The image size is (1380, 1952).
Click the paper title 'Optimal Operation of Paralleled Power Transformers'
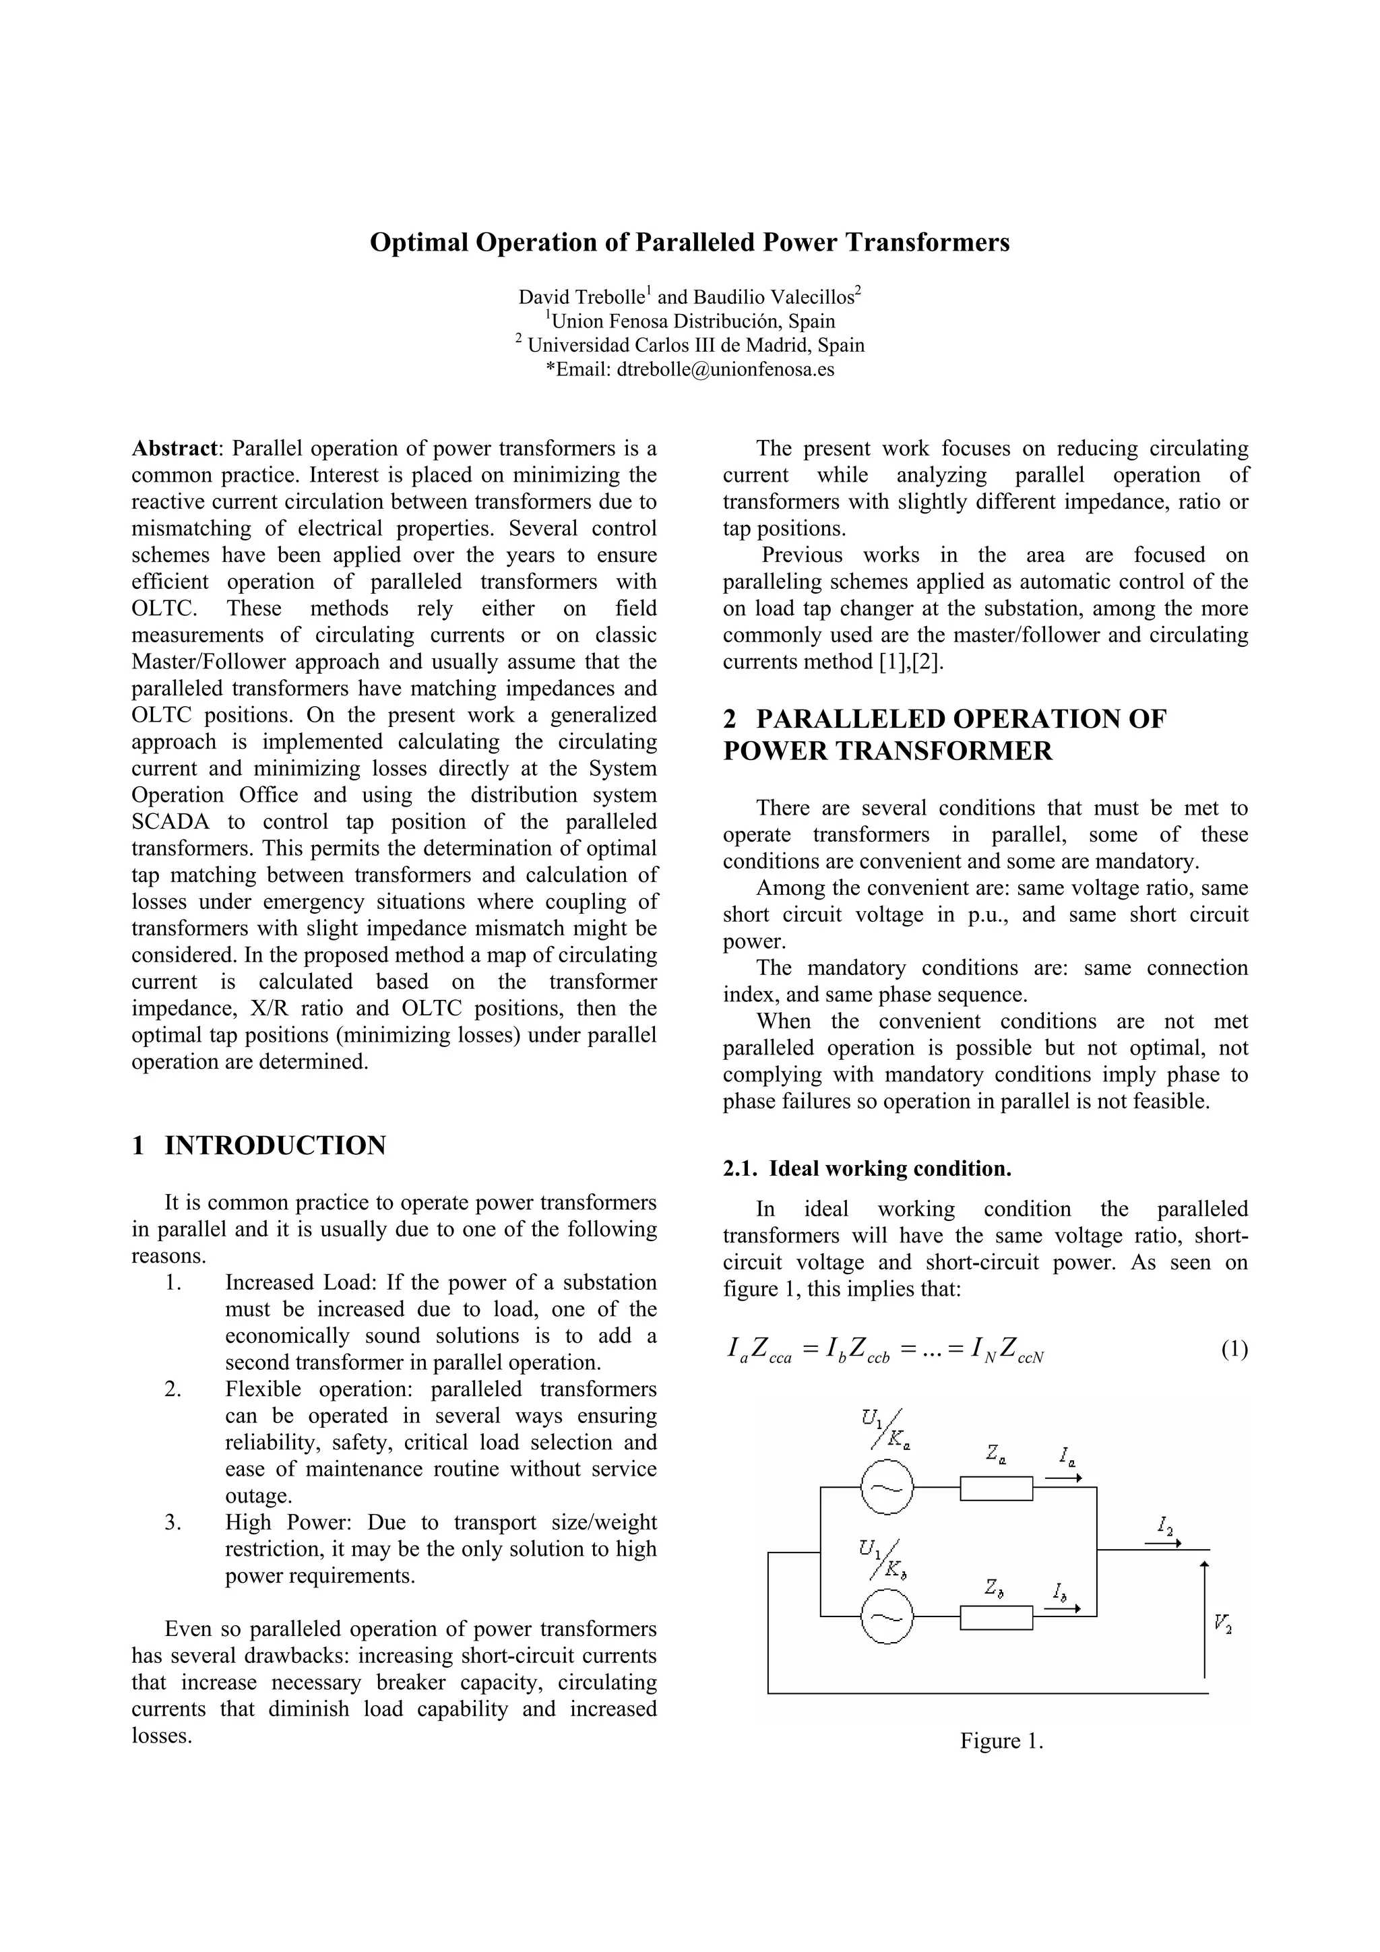(689, 243)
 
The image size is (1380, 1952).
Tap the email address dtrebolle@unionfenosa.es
(725, 369)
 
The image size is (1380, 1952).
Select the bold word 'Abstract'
(175, 449)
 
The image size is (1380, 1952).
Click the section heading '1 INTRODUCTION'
(259, 1145)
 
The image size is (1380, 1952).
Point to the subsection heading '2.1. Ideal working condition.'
(867, 1169)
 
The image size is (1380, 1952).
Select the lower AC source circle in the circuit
(887, 1616)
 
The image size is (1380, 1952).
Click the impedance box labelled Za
(996, 1488)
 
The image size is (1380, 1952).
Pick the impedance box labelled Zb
(996, 1617)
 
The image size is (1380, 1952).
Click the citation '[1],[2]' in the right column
(912, 662)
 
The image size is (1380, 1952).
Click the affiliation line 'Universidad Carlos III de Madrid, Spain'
(695, 345)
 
